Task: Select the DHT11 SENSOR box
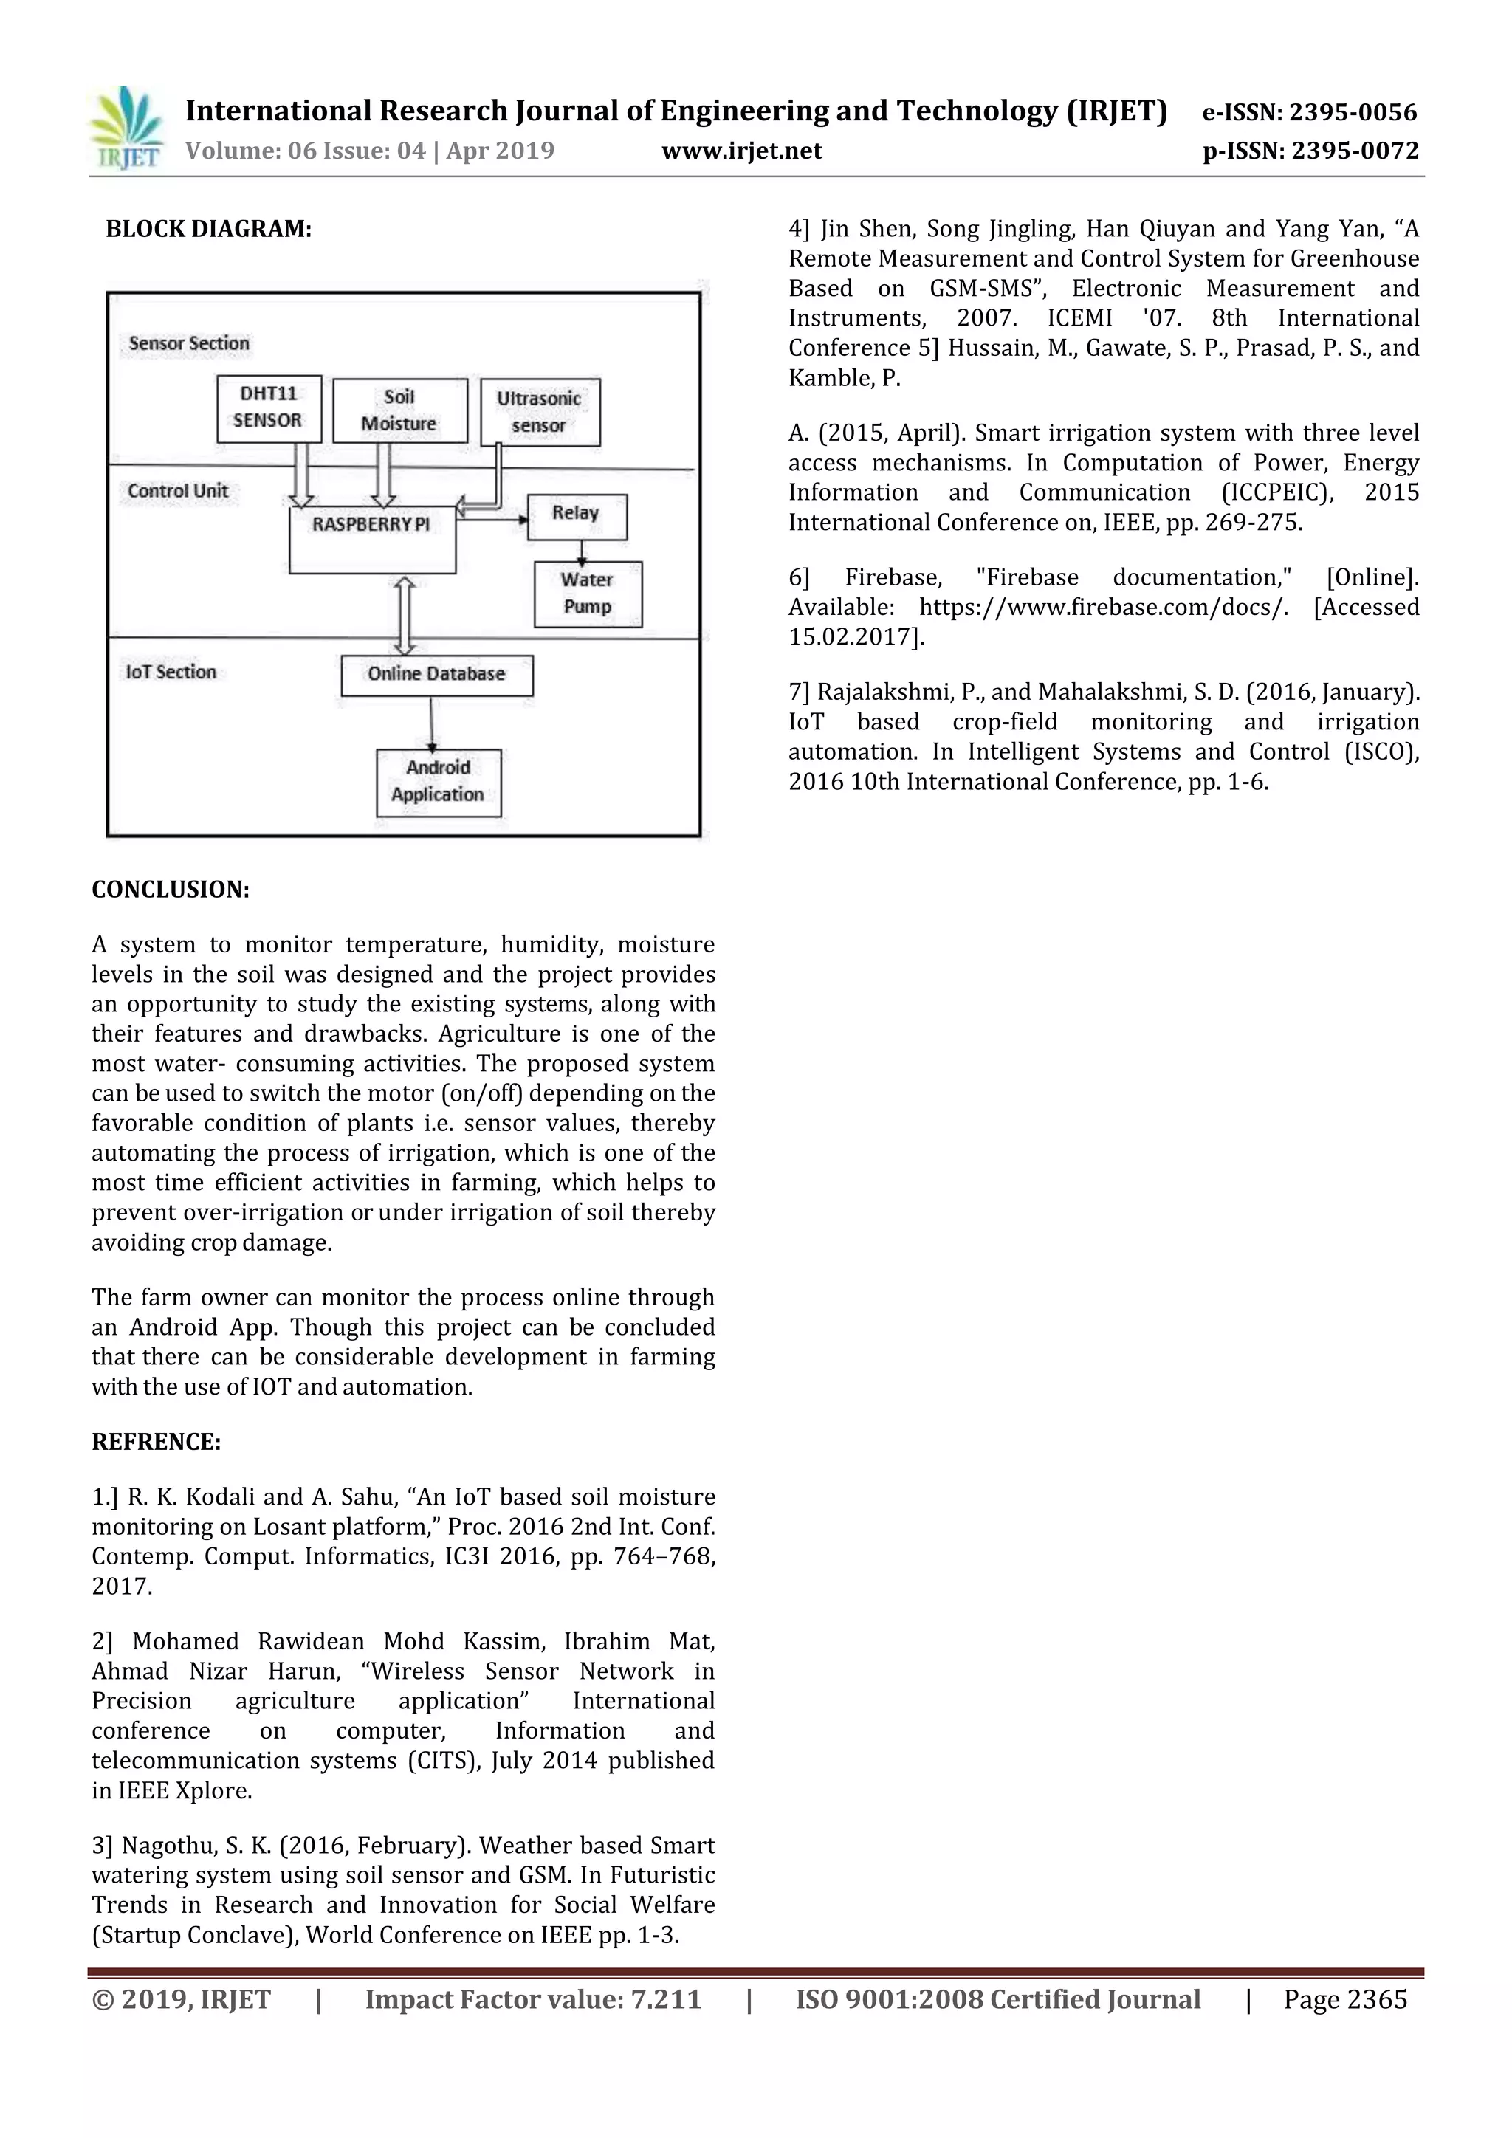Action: [x=268, y=408]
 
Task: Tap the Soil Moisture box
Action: [x=399, y=410]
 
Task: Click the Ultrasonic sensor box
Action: [x=540, y=412]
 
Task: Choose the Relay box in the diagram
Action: [x=577, y=516]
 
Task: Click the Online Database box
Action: [x=436, y=674]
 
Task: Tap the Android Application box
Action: [x=438, y=781]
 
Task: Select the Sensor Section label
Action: [x=189, y=343]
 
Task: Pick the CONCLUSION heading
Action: [x=171, y=890]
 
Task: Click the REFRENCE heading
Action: [x=157, y=1442]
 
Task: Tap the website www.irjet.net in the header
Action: [x=741, y=151]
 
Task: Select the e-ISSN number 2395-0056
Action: [x=1352, y=113]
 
